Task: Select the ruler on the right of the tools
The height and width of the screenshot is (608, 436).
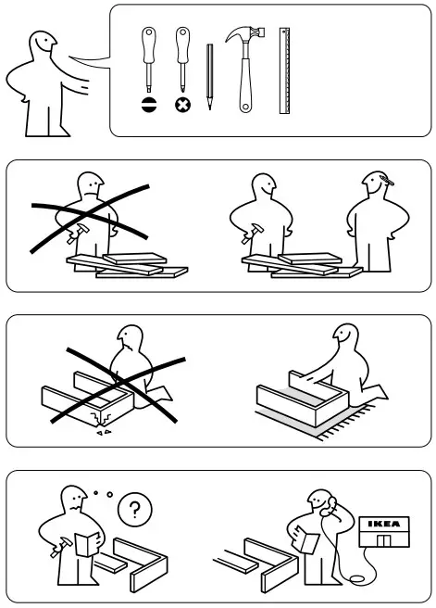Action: tap(285, 70)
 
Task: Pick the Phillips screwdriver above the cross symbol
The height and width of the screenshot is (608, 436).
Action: tap(181, 60)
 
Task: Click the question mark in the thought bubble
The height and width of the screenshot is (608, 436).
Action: tap(136, 509)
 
